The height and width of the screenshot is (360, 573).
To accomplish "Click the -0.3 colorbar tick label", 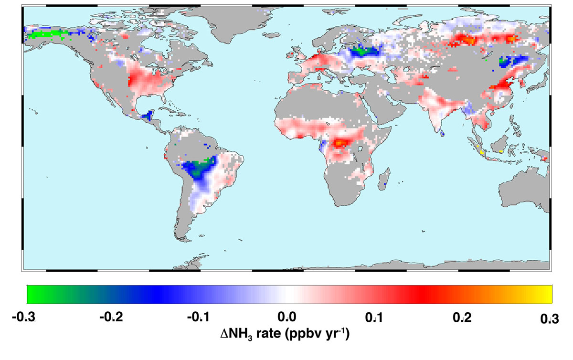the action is click(24, 318).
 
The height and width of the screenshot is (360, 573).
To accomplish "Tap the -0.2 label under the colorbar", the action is click(111, 318).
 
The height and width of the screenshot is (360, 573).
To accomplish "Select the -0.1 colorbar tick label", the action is click(199, 318).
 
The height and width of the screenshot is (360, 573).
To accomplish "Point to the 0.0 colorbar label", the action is click(287, 318).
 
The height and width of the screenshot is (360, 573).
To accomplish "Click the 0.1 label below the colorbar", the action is click(374, 318).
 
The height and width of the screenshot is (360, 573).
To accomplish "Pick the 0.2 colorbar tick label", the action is click(462, 318).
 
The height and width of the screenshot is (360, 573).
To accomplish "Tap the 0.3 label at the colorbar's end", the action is click(550, 319).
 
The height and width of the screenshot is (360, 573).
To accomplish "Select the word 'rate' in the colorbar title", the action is click(268, 334).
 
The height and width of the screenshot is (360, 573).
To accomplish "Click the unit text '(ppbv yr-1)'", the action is click(317, 334).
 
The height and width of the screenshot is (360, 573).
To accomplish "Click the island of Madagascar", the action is click(384, 179).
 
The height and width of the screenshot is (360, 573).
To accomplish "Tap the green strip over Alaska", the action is click(47, 34).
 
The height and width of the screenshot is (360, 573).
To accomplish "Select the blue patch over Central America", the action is click(148, 115).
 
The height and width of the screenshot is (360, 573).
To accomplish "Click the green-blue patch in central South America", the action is click(199, 169).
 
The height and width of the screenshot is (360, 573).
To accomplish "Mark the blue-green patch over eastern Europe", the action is click(363, 52).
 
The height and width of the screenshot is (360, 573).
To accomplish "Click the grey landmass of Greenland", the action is click(230, 22).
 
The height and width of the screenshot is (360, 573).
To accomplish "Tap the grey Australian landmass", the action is click(524, 190).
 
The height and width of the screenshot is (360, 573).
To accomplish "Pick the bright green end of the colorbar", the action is click(33, 294).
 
